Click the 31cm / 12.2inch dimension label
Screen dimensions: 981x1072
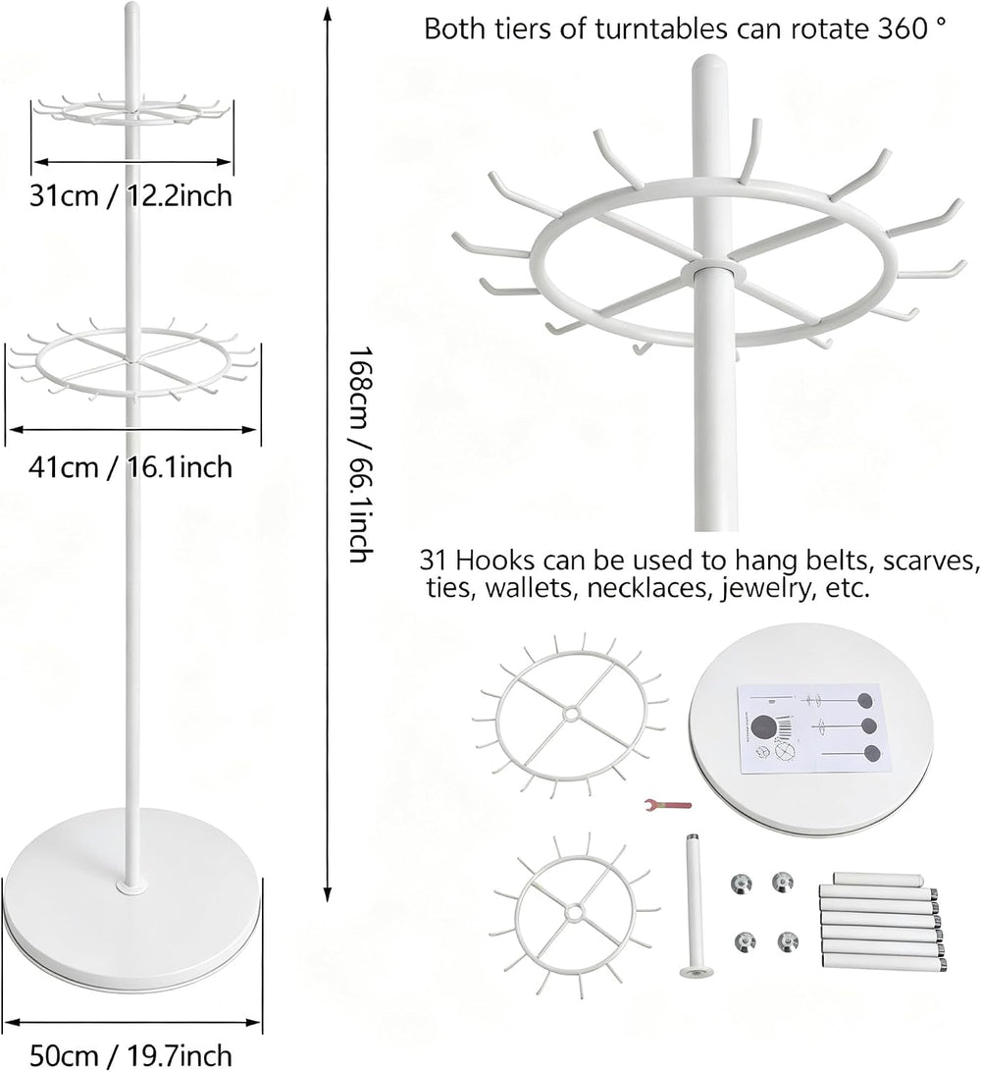point(130,196)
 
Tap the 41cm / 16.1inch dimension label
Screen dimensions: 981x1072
point(130,467)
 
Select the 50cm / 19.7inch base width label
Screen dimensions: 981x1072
point(131,1055)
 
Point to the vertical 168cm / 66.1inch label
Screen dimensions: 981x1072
point(360,455)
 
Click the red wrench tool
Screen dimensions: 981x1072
point(668,805)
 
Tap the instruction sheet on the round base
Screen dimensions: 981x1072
point(810,728)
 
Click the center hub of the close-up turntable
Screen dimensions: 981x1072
point(709,271)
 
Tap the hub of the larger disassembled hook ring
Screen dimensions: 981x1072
point(570,713)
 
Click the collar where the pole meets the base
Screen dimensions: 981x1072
point(131,886)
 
